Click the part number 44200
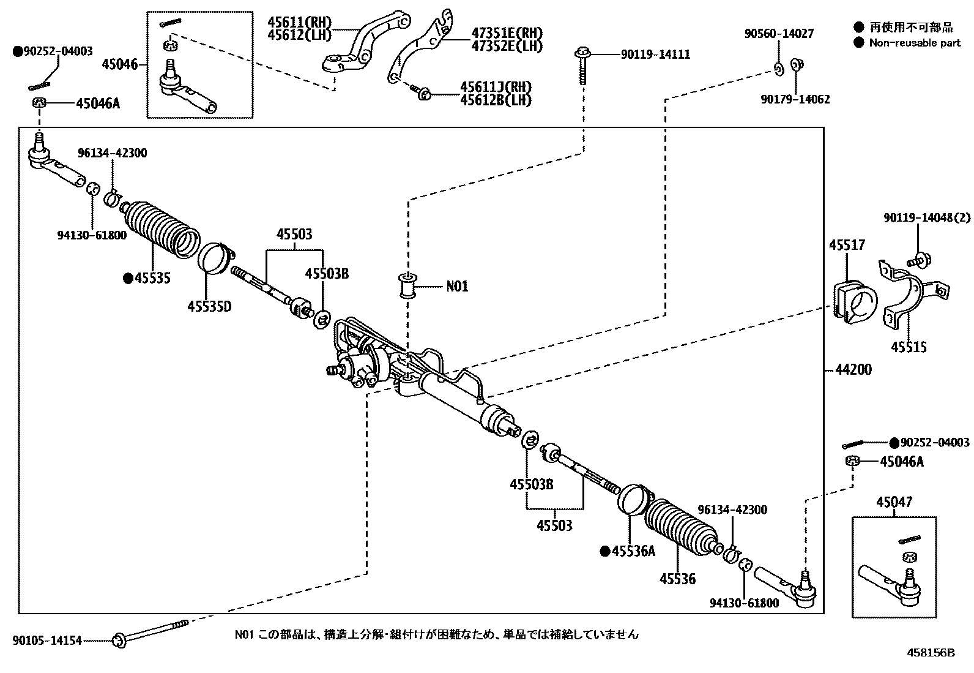tap(852, 370)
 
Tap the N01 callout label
tap(457, 286)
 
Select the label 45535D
tap(209, 306)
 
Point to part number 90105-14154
tap(46, 641)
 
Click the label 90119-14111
tap(655, 55)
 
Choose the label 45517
tap(847, 245)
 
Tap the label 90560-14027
tap(779, 34)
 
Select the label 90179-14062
tap(795, 99)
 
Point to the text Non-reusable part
tap(915, 43)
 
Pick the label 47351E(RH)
tap(507, 33)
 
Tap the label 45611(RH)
tap(299, 23)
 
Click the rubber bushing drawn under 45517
tap(854, 301)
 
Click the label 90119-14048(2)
tap(926, 218)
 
